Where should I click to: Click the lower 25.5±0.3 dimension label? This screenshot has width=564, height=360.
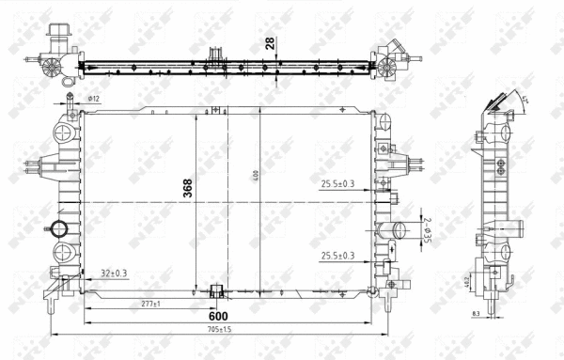point(337,256)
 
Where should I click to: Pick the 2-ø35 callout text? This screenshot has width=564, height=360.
point(427,230)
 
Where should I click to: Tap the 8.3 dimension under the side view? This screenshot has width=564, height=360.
point(477,314)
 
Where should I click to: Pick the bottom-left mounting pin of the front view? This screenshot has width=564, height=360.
point(50,305)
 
